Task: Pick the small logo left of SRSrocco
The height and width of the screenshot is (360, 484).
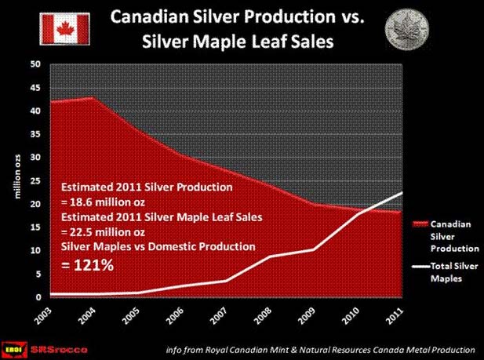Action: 15,347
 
